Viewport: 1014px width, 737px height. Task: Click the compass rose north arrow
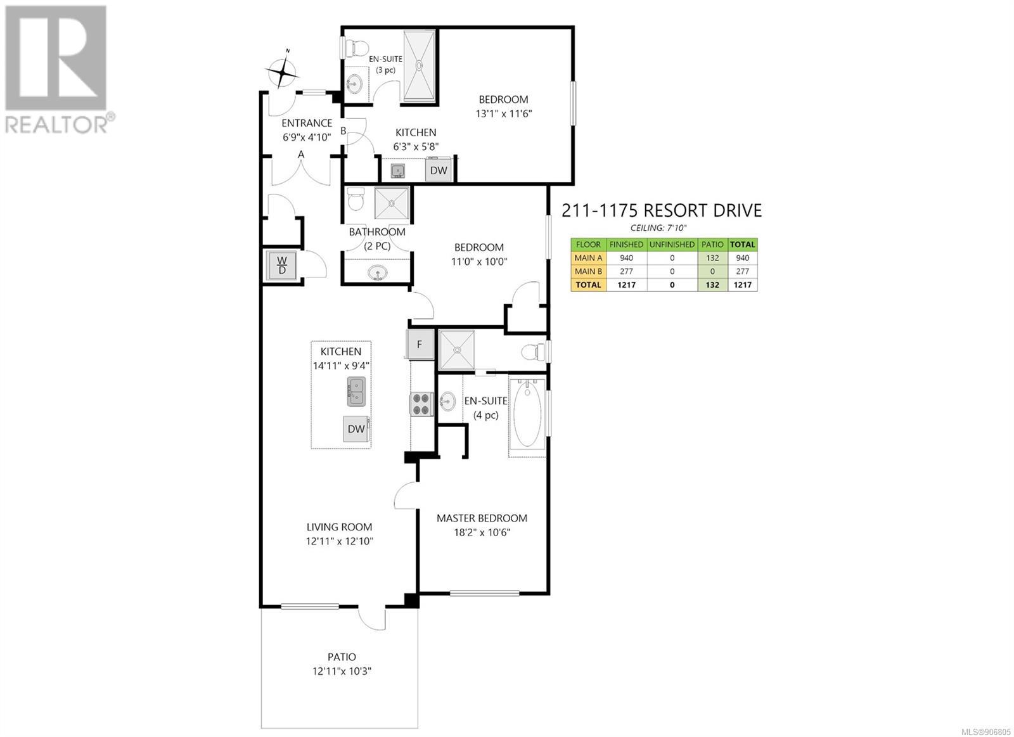click(283, 70)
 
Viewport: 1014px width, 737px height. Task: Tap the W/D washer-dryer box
click(281, 266)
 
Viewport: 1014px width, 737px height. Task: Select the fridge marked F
click(420, 344)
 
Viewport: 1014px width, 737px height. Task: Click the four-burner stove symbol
click(421, 404)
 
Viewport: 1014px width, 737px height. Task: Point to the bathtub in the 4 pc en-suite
click(527, 415)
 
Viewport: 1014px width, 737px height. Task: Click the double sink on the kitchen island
click(357, 392)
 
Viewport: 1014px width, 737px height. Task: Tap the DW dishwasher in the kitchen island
click(356, 429)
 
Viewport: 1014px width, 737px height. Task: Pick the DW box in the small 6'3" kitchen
click(438, 170)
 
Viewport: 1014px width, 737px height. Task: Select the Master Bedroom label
click(482, 518)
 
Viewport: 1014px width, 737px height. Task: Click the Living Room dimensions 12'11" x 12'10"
click(339, 541)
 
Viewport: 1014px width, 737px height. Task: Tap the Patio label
click(342, 657)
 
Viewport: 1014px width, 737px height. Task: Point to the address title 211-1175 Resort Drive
click(662, 210)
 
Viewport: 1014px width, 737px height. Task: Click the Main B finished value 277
click(627, 271)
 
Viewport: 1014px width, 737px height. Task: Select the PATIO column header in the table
click(712, 245)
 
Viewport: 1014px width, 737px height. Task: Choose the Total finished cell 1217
click(627, 285)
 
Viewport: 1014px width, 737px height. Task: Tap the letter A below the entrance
click(301, 155)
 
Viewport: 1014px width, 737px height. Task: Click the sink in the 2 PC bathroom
click(377, 273)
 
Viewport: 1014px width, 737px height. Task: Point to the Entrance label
click(307, 123)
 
